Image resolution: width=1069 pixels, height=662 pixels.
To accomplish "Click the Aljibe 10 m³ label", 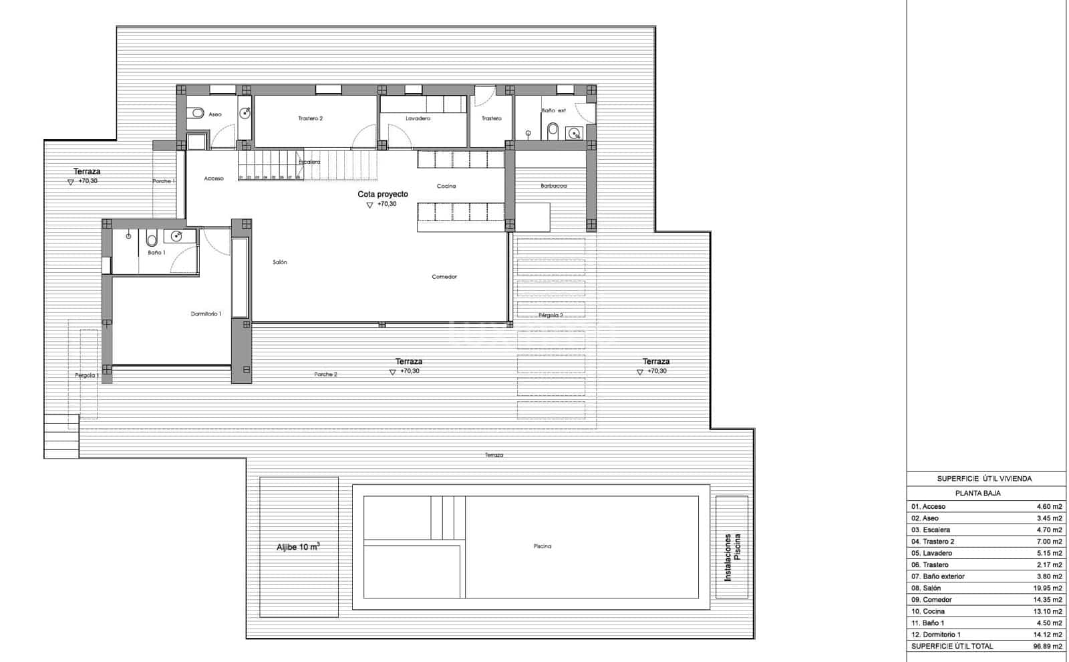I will [x=298, y=547].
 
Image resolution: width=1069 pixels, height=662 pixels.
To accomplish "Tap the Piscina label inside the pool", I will [x=543, y=546].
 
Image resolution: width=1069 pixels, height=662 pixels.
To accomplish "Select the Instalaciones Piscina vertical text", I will [x=732, y=556].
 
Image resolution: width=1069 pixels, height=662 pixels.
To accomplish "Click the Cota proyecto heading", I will [x=382, y=195].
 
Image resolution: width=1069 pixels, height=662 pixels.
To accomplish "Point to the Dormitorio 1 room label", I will [x=206, y=314].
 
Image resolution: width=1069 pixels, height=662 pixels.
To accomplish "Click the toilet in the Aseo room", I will [x=197, y=114].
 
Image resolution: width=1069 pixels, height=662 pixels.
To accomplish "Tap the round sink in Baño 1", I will [x=176, y=235].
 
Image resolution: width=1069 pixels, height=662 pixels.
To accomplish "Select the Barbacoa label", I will [x=553, y=186].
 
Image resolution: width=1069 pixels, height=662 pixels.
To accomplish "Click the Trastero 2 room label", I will [x=310, y=118].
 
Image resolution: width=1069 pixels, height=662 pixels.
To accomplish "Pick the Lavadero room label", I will [x=418, y=118].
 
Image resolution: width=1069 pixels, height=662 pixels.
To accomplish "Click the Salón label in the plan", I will [x=280, y=262].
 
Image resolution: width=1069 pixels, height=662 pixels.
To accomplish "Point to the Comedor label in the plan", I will [x=444, y=277].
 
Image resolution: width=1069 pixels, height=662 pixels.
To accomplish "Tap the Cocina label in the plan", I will [x=446, y=186].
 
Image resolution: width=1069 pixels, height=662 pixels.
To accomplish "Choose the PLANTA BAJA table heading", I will [x=977, y=493].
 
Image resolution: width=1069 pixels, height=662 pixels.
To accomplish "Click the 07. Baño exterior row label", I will [x=938, y=576].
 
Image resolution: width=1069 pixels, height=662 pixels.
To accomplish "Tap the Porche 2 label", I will [x=325, y=374].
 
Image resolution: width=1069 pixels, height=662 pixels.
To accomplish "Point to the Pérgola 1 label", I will [x=87, y=376].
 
